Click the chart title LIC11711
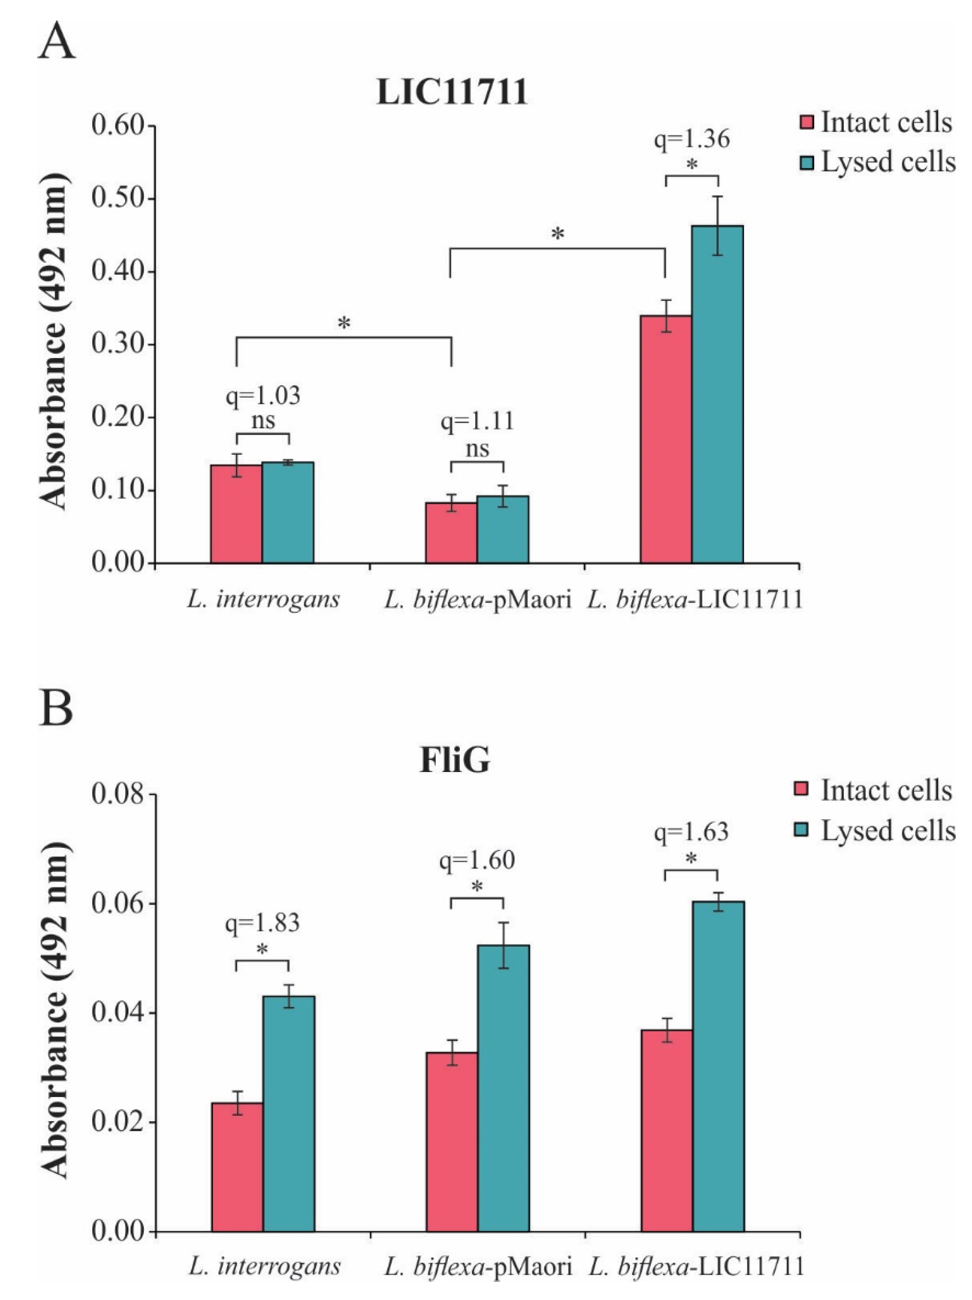pos(451,92)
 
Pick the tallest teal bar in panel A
pos(717,394)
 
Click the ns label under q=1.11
pos(477,449)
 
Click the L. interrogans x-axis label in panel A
pos(263,599)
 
